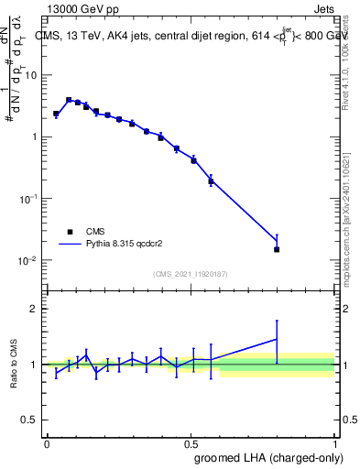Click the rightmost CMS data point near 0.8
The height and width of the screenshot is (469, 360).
(x=277, y=249)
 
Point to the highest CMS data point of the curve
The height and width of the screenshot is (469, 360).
(x=69, y=100)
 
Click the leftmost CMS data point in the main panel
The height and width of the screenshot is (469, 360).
(x=56, y=115)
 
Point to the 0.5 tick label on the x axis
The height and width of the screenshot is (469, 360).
(x=191, y=443)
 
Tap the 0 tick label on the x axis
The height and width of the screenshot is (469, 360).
(x=47, y=443)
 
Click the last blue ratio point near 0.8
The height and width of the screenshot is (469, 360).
(x=277, y=339)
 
